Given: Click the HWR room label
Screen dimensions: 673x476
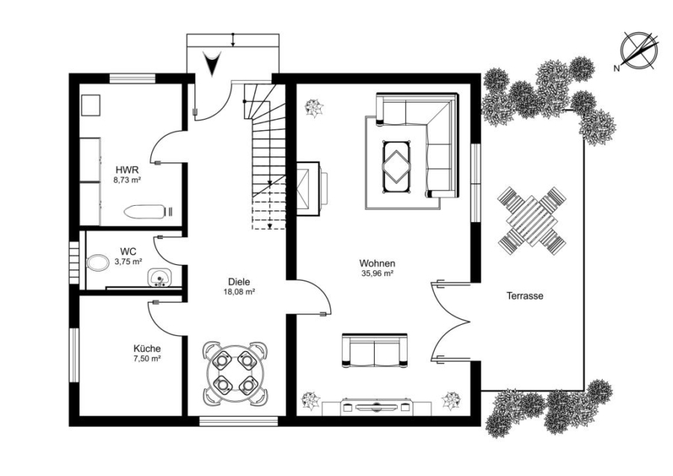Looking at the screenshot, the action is click(x=127, y=170).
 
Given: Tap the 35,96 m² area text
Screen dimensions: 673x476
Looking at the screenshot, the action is click(x=378, y=272).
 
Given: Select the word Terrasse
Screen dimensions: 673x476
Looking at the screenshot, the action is click(x=524, y=296).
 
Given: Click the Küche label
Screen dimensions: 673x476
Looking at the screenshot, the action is click(x=147, y=349).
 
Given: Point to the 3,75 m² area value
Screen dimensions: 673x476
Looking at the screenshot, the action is click(x=129, y=260).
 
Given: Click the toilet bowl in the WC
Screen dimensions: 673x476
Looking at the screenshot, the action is click(x=98, y=263).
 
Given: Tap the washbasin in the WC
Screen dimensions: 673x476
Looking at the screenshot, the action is click(x=160, y=278).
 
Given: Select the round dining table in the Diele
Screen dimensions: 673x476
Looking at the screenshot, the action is click(x=235, y=373).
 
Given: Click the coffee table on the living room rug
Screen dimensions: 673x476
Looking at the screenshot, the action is click(x=396, y=168).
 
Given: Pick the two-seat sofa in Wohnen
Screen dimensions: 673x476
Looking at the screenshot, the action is click(x=375, y=350).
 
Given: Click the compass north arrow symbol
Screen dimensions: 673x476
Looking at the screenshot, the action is click(x=639, y=50).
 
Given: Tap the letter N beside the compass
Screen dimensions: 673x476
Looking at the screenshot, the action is click(x=616, y=68).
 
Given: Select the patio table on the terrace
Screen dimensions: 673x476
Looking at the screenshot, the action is click(x=532, y=221).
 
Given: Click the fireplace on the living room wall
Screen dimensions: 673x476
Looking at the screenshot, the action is click(x=312, y=188).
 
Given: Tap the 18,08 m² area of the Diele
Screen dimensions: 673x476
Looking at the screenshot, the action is click(x=239, y=292).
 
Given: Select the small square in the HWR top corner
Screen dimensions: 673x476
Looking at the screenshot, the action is click(x=90, y=106).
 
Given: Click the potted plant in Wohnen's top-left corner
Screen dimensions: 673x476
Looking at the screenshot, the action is click(x=315, y=109).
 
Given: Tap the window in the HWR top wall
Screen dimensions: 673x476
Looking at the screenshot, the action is click(x=132, y=78).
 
